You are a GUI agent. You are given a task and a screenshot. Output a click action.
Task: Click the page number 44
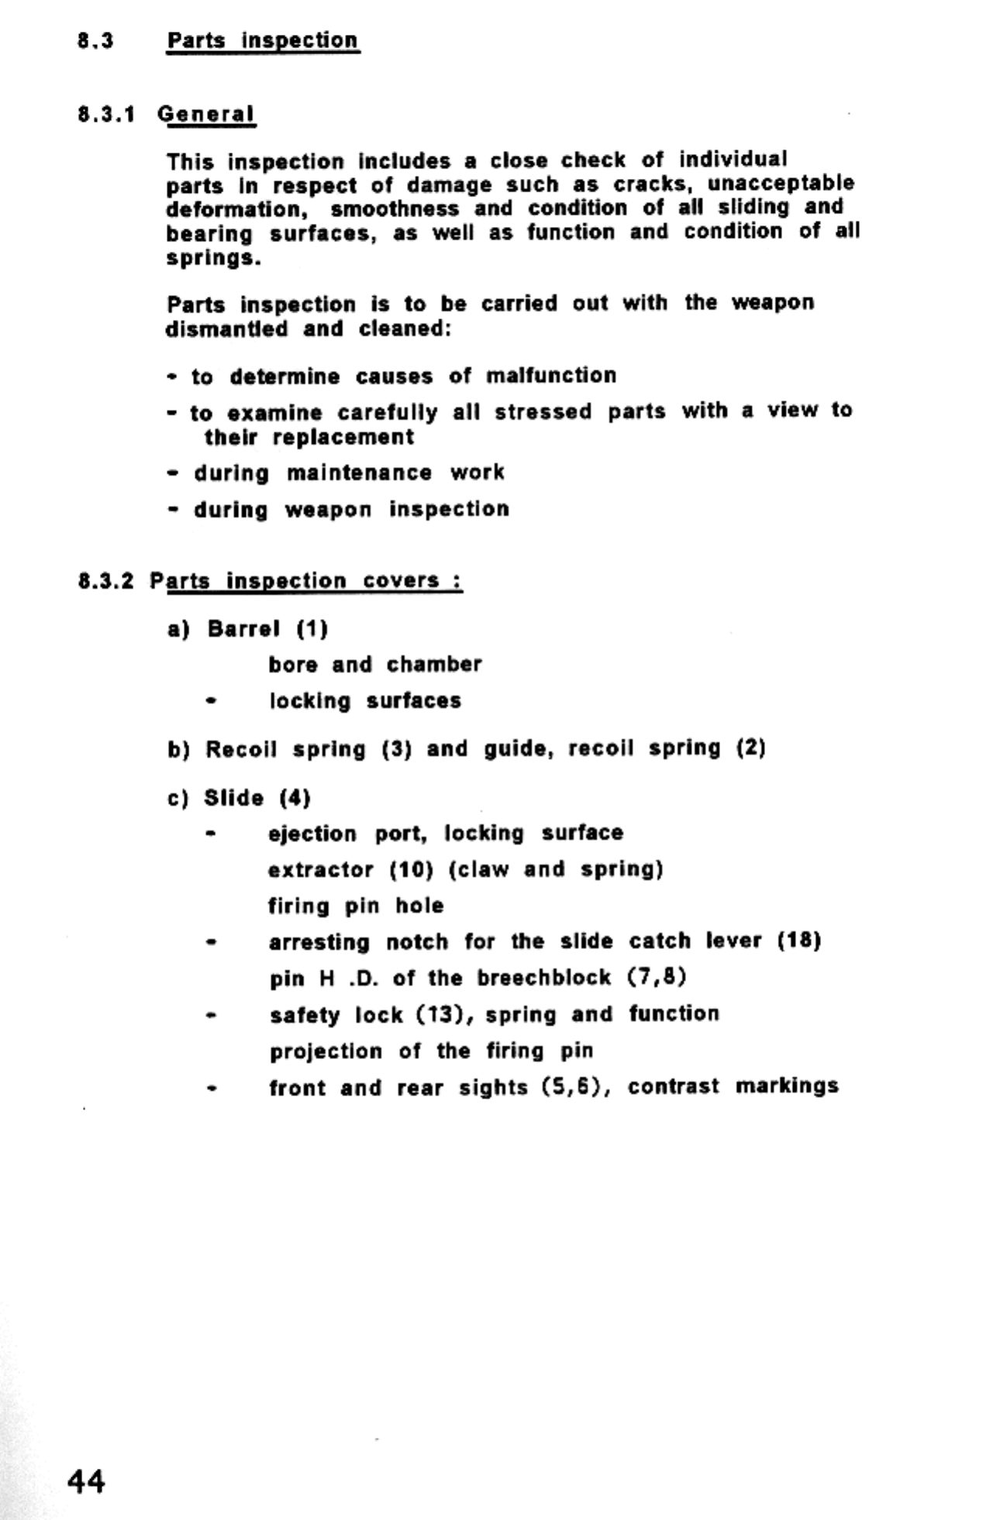click(x=86, y=1480)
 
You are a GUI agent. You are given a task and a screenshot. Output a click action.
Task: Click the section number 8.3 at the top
click(x=95, y=41)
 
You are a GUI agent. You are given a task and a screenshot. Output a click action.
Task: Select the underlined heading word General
click(x=205, y=115)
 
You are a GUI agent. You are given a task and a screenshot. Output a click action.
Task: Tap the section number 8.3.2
click(x=105, y=581)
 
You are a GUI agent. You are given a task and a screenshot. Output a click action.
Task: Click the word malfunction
click(x=550, y=376)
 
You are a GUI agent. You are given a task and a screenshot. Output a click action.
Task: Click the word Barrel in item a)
click(x=243, y=628)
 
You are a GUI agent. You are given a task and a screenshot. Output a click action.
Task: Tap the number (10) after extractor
click(x=410, y=870)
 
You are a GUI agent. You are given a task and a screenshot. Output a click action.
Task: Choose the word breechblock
click(x=543, y=978)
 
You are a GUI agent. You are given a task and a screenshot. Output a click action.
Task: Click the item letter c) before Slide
click(x=178, y=799)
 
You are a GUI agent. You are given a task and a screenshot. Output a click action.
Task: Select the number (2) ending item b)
click(x=750, y=748)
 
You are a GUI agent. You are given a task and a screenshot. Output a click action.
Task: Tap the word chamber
click(x=434, y=665)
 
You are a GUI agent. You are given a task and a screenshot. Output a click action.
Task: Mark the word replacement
click(x=343, y=438)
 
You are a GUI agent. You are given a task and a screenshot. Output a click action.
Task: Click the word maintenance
click(x=359, y=473)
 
